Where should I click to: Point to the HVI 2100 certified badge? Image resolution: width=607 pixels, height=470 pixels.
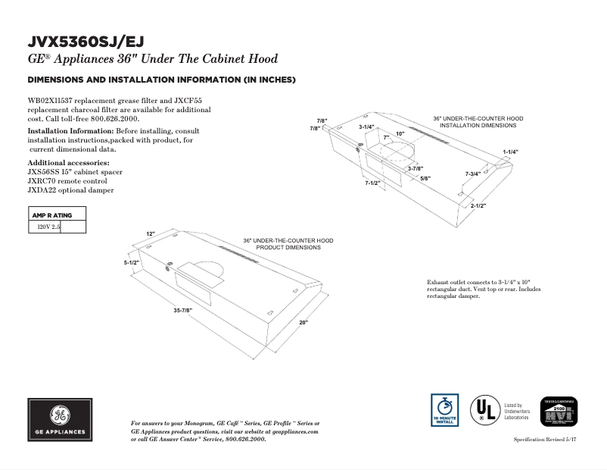pyautogui.click(x=558, y=414)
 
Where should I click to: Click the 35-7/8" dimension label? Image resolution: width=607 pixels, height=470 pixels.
pyautogui.click(x=183, y=310)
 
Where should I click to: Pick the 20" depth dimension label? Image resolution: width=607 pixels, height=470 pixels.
pyautogui.click(x=303, y=323)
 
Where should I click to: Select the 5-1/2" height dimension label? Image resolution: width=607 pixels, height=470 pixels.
pyautogui.click(x=133, y=262)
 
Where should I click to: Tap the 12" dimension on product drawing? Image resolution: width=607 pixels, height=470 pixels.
pyautogui.click(x=151, y=233)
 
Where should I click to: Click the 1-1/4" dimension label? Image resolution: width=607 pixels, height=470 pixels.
pyautogui.click(x=511, y=152)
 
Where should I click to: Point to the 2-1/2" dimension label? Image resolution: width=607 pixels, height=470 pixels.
pyautogui.click(x=478, y=205)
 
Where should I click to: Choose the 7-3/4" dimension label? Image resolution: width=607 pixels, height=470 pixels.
pyautogui.click(x=473, y=174)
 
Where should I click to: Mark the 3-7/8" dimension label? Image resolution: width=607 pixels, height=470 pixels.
pyautogui.click(x=415, y=168)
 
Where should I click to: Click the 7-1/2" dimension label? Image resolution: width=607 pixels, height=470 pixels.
pyautogui.click(x=372, y=183)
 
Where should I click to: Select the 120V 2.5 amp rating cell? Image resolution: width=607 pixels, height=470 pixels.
pyautogui.click(x=43, y=226)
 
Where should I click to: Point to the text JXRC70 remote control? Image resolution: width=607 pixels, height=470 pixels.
pyautogui.click(x=67, y=181)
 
